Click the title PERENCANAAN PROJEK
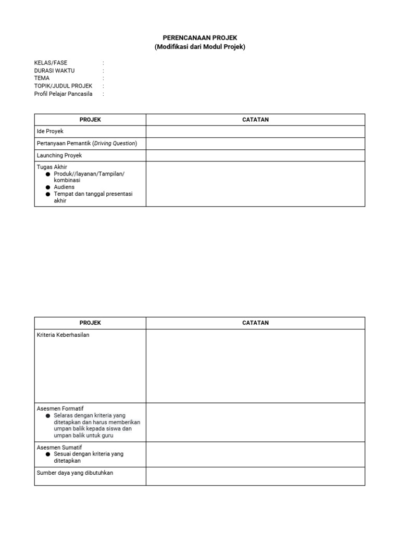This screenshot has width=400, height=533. coord(199,39)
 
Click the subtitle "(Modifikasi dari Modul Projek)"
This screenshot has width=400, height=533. coord(199,47)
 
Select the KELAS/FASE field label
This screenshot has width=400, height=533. coord(51,62)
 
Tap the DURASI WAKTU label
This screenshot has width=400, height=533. coord(54,70)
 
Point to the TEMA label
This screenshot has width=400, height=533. coord(42,78)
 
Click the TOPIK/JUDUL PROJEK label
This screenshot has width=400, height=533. coord(63,86)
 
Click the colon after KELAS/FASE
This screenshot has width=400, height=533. coord(104,62)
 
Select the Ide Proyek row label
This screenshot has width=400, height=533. coord(50,132)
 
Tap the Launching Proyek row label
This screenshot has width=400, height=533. coord(59,156)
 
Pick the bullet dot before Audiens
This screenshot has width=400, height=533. coord(48,187)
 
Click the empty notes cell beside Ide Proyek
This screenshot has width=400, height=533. coord(255,132)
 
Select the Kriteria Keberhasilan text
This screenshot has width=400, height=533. coord(63,335)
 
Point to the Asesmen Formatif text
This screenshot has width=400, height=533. coord(60,409)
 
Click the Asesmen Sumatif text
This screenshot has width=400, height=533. coord(59,448)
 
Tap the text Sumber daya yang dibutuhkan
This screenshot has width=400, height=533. coord(75,473)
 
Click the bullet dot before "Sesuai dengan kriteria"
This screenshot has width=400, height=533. coord(48,454)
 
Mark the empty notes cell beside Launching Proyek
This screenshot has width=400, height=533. coord(255,156)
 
